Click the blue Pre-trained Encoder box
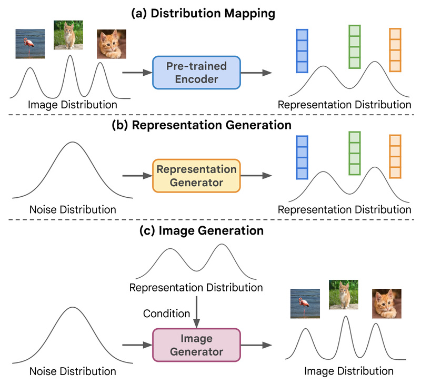point(196,73)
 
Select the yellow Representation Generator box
point(196,176)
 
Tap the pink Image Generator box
point(196,345)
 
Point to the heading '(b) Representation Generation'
point(210,125)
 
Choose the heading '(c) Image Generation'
point(210,230)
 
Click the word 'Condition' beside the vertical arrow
point(166,314)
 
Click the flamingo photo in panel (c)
point(305,304)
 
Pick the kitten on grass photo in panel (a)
point(68,35)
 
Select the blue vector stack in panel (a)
point(302,50)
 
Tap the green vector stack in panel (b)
point(355,153)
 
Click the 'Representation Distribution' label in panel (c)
point(196,288)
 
